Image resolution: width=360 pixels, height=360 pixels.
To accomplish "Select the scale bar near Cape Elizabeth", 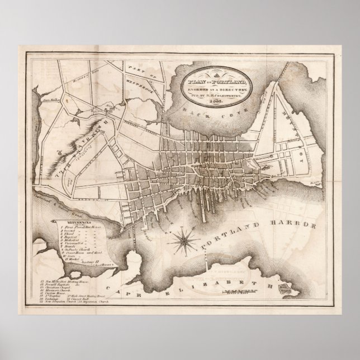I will pyautogui.click(x=240, y=290).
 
